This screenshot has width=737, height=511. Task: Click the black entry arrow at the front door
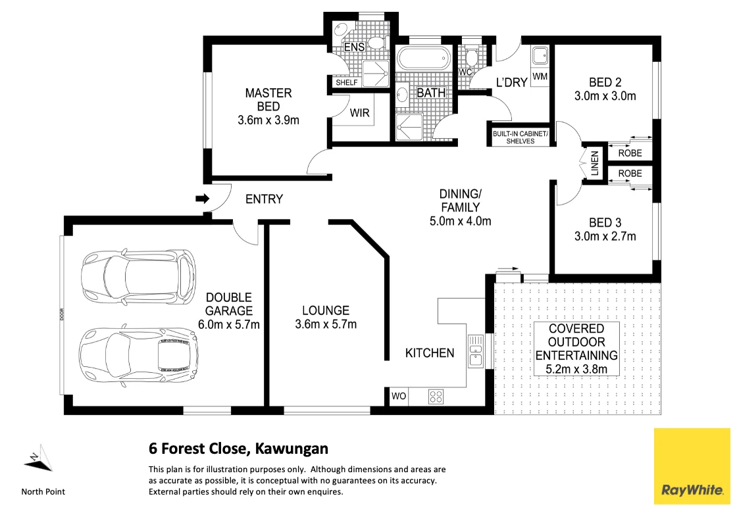click(202, 199)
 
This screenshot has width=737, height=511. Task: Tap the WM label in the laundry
click(540, 76)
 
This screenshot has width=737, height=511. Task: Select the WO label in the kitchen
click(399, 396)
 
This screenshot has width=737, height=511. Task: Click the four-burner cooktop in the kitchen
click(436, 397)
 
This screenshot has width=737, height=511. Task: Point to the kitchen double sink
click(476, 351)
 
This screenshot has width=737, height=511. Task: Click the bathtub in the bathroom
click(424, 59)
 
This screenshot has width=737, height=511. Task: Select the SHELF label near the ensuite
click(346, 82)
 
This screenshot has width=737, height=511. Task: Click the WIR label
click(359, 112)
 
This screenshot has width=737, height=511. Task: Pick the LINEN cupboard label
click(595, 163)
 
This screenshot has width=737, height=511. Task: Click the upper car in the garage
click(139, 276)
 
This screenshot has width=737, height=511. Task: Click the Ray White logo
click(692, 466)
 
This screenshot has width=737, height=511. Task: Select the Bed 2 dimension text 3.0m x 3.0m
click(605, 96)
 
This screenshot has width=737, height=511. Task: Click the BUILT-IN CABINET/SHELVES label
click(521, 137)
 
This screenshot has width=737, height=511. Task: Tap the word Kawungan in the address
click(292, 449)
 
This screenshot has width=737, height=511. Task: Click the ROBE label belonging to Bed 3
click(630, 174)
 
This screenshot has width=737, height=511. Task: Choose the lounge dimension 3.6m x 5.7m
click(326, 324)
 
